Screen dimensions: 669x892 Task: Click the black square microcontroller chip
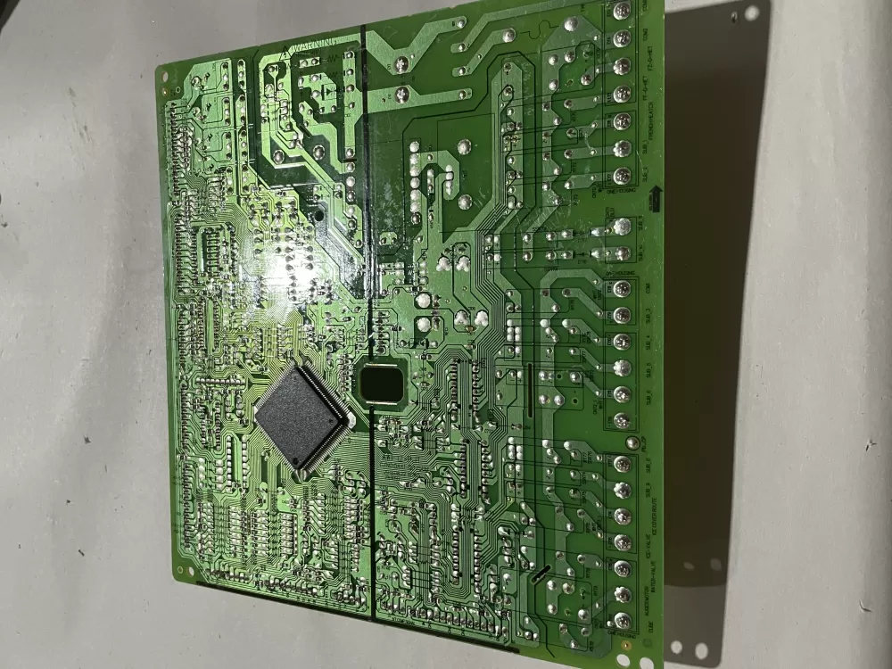coord(301,417)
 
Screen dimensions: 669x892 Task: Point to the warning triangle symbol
coord(286,51)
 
